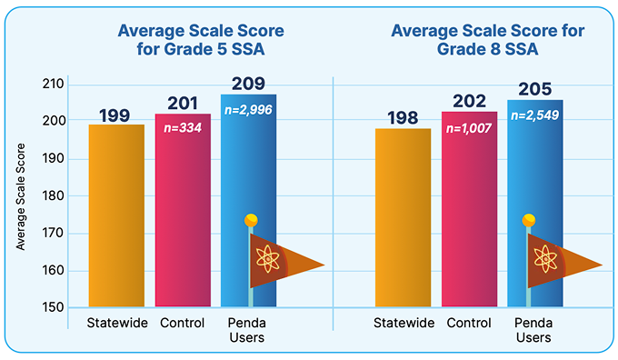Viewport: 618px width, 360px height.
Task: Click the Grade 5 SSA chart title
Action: tap(200, 39)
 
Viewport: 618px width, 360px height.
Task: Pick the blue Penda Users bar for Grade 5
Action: tap(247, 164)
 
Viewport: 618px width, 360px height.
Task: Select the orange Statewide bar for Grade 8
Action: tap(403, 218)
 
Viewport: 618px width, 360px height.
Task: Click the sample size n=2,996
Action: tap(247, 109)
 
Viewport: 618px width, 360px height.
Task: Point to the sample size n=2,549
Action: tap(534, 115)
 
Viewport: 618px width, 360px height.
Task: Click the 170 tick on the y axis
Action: tap(55, 233)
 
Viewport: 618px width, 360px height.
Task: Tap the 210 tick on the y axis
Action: tap(55, 84)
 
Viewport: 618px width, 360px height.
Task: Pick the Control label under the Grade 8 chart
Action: tap(469, 323)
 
